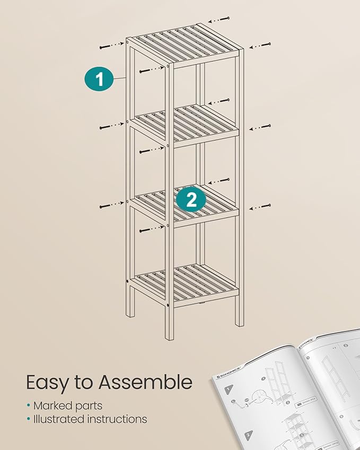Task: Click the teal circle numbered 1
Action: pyautogui.click(x=99, y=79)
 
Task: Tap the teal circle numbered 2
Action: pyautogui.click(x=191, y=199)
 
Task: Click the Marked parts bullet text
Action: pyautogui.click(x=67, y=405)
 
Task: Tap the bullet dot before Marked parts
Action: pyautogui.click(x=28, y=406)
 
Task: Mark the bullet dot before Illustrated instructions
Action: pyautogui.click(x=28, y=419)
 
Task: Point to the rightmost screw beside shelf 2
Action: pyautogui.click(x=260, y=127)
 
